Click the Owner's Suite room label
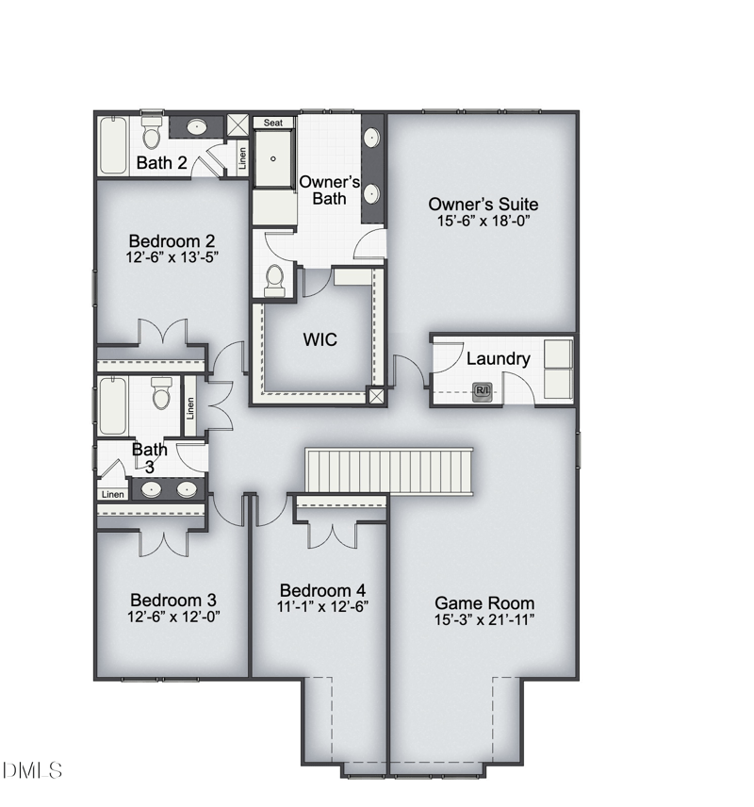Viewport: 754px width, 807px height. (484, 205)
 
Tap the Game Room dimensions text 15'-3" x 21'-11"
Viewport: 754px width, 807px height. (484, 619)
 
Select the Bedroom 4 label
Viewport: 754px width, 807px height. (322, 590)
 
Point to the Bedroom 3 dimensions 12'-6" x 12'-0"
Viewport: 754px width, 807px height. (173, 616)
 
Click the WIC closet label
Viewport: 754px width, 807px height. (320, 339)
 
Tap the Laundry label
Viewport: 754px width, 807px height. (499, 359)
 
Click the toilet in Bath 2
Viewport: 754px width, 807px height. (152, 132)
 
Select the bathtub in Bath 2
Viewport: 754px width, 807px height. (113, 145)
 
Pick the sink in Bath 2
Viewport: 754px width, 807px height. (197, 126)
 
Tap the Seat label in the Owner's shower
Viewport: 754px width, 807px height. (272, 123)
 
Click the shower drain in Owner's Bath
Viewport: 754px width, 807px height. (272, 158)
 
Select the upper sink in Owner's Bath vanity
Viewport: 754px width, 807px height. (371, 138)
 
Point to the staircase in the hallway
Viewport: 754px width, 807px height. (389, 471)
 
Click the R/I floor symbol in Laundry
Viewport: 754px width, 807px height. (483, 391)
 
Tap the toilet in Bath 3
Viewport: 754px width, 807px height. (161, 393)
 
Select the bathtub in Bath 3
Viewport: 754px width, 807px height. (113, 406)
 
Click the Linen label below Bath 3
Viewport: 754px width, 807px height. (113, 495)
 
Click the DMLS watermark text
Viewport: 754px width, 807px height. (32, 770)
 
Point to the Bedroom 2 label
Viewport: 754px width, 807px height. (172, 240)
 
